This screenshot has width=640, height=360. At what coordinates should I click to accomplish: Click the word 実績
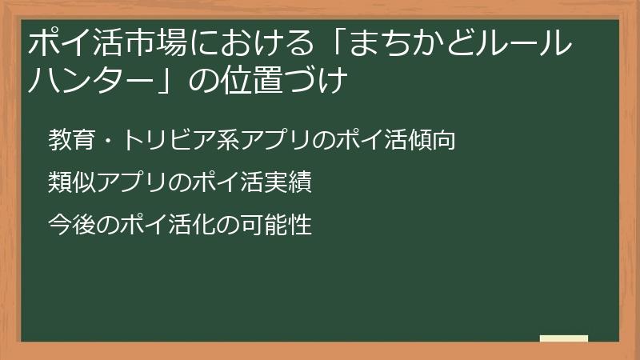coord(289,183)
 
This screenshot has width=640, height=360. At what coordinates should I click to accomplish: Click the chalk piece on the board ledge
coord(564,338)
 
